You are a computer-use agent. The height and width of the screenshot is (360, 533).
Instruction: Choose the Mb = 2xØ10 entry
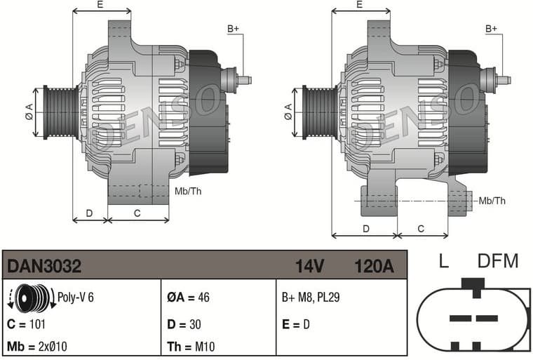coord(36,346)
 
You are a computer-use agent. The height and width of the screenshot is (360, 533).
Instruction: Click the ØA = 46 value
coord(189,298)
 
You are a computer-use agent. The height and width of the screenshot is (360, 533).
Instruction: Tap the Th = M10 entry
coord(189,346)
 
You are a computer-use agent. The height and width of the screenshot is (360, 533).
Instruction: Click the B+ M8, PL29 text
coord(310,298)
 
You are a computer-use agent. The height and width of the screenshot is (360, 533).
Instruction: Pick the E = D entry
coord(295,324)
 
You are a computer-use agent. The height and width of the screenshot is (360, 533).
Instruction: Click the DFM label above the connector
coord(497,262)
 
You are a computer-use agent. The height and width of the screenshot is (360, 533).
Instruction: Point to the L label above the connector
coord(443,262)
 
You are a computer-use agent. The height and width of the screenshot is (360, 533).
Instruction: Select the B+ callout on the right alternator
coord(492,29)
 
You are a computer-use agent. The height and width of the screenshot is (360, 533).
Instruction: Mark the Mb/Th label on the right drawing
coord(492,201)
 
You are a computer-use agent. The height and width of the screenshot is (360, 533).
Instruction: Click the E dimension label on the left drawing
coord(100,5)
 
